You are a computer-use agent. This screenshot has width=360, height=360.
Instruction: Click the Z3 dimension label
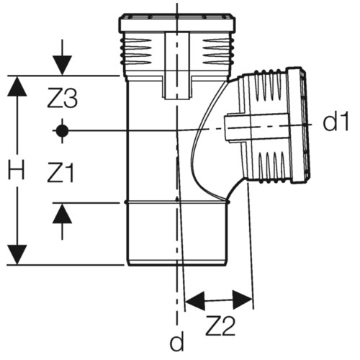[x=62, y=98]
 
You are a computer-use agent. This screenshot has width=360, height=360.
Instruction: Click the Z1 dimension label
[x=60, y=172]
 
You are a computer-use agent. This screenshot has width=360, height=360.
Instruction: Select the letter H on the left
[x=17, y=170]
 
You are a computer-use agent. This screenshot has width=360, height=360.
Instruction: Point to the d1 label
[x=336, y=121]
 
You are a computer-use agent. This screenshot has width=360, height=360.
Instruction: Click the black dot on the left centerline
[x=62, y=131]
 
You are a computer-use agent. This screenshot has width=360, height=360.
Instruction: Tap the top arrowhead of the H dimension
[x=17, y=86]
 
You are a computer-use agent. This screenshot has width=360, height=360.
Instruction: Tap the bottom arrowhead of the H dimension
[x=17, y=255]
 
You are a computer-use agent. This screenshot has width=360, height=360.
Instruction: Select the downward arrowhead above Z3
[x=62, y=66]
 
